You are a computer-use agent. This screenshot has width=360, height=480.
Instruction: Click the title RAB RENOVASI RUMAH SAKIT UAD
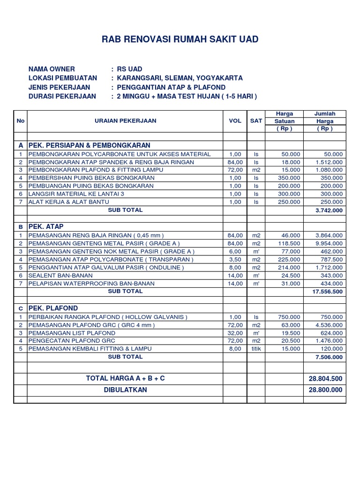pyautogui.click(x=180, y=39)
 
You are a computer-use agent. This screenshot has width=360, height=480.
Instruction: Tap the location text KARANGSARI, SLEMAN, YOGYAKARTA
pyautogui.click(x=180, y=78)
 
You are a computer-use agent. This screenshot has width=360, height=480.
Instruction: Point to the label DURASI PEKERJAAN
pyautogui.click(x=62, y=96)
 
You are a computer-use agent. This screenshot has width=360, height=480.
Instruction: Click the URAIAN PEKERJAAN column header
pyautogui.click(x=125, y=120)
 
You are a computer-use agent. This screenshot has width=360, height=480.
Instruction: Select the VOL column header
pyautogui.click(x=235, y=120)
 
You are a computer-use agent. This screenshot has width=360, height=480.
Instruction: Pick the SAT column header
pyautogui.click(x=256, y=120)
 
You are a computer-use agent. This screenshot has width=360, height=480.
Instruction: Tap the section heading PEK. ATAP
pyautogui.click(x=46, y=226)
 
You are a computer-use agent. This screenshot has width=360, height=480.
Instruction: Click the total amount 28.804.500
pyautogui.click(x=325, y=378)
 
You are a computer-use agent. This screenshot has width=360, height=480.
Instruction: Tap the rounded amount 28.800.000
pyautogui.click(x=325, y=390)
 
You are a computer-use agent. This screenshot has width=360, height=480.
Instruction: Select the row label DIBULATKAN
pyautogui.click(x=125, y=390)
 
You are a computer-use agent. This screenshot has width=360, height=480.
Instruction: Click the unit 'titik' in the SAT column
pyautogui.click(x=256, y=349)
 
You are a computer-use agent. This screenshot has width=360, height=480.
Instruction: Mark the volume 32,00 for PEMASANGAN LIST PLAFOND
pyautogui.click(x=235, y=332)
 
